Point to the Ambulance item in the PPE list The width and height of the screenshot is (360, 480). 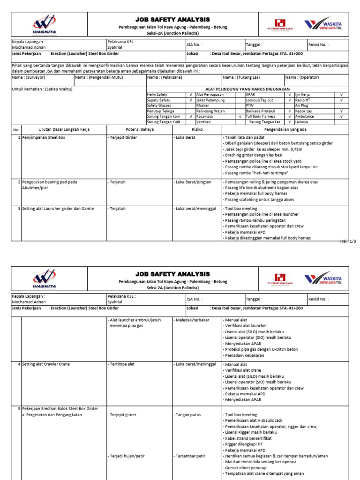click(305, 116)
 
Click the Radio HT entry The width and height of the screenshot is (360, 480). click(303, 100)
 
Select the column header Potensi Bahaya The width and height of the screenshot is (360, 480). click(140, 129)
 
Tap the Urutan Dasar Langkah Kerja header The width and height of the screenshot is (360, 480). click(64, 129)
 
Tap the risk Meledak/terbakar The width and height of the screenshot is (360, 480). click(192, 320)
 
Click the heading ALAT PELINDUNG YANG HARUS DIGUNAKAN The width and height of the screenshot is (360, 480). click(247, 89)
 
